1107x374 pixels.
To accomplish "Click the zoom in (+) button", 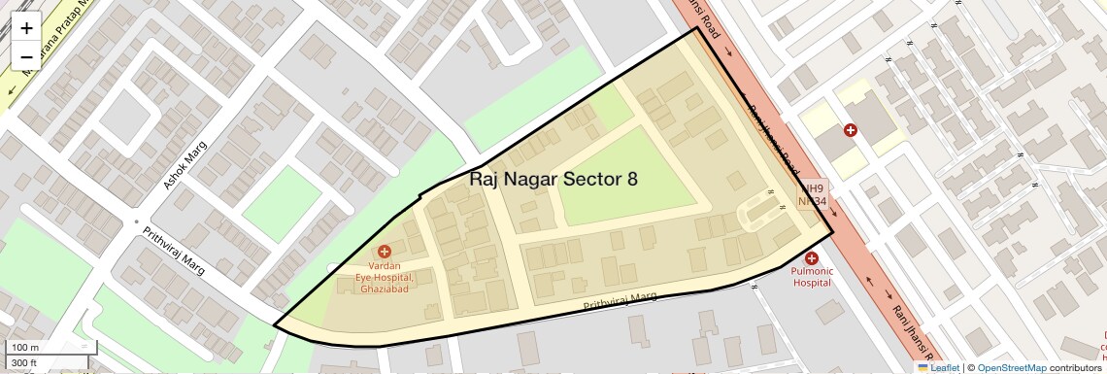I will click(x=26, y=28).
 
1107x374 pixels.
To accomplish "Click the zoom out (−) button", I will click(x=26, y=56).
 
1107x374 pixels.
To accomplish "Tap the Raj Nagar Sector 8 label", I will click(x=553, y=179).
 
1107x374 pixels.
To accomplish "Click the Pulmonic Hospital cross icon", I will click(x=812, y=257).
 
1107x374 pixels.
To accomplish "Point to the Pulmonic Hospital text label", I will click(x=812, y=277).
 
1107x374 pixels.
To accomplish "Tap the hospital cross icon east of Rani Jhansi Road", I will click(x=850, y=129).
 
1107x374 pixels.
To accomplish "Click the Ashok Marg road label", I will click(x=185, y=166).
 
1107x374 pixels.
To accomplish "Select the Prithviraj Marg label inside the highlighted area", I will click(x=621, y=301).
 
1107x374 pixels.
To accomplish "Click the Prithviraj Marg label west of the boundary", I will click(x=174, y=251).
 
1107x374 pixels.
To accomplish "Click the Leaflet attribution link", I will click(x=939, y=367).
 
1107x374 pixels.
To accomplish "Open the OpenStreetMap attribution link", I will click(x=1011, y=367).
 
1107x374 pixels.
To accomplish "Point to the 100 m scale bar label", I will click(x=25, y=348).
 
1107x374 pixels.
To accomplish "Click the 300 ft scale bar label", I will click(x=23, y=363).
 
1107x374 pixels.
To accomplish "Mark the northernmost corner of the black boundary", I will click(x=697, y=27).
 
